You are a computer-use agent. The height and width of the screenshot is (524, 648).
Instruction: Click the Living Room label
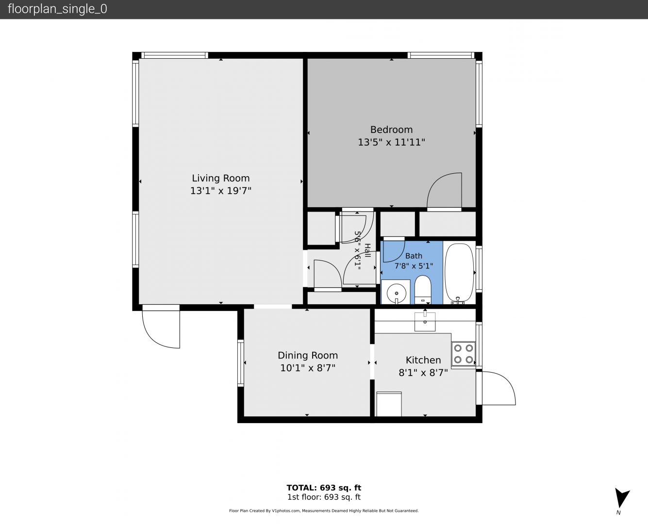coord(220,178)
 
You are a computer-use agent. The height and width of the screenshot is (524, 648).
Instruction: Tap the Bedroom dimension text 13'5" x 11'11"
coord(391,142)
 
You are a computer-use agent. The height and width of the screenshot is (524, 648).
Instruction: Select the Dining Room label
coord(308,355)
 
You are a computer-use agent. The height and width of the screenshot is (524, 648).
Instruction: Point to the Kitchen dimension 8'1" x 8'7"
coord(423,373)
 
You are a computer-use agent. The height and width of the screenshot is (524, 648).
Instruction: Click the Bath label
coord(414,256)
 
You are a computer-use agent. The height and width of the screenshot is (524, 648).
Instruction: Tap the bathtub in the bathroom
coord(459,272)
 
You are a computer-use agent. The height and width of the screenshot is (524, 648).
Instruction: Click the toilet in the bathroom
coord(423,290)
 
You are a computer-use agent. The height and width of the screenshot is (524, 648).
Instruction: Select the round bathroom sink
coord(397,294)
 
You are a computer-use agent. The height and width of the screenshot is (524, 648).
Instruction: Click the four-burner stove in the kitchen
coord(464,353)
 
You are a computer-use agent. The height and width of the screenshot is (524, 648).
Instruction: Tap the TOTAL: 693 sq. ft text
coord(324,488)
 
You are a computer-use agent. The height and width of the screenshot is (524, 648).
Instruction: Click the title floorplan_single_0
coord(57,9)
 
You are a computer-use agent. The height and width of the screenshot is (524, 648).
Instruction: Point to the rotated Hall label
coord(367,250)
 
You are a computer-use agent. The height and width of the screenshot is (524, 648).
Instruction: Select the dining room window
coord(241,362)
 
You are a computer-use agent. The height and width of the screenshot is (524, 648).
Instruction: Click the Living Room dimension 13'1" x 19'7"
coord(220,191)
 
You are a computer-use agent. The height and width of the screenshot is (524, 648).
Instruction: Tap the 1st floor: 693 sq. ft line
coord(324,497)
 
